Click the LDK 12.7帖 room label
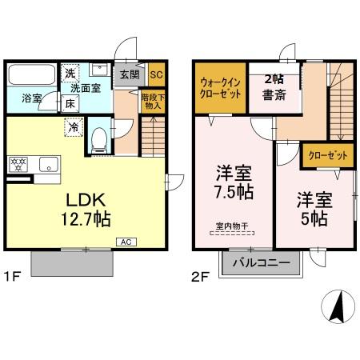(x=83, y=206)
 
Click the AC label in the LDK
(x=127, y=241)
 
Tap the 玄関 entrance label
(x=130, y=74)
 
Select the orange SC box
(x=155, y=74)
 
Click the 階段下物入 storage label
(x=151, y=101)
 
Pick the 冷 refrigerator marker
(x=74, y=126)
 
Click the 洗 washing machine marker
(x=70, y=73)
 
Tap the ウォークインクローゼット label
(x=218, y=86)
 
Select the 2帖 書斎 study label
(x=274, y=87)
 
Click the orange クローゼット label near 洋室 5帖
(x=326, y=155)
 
